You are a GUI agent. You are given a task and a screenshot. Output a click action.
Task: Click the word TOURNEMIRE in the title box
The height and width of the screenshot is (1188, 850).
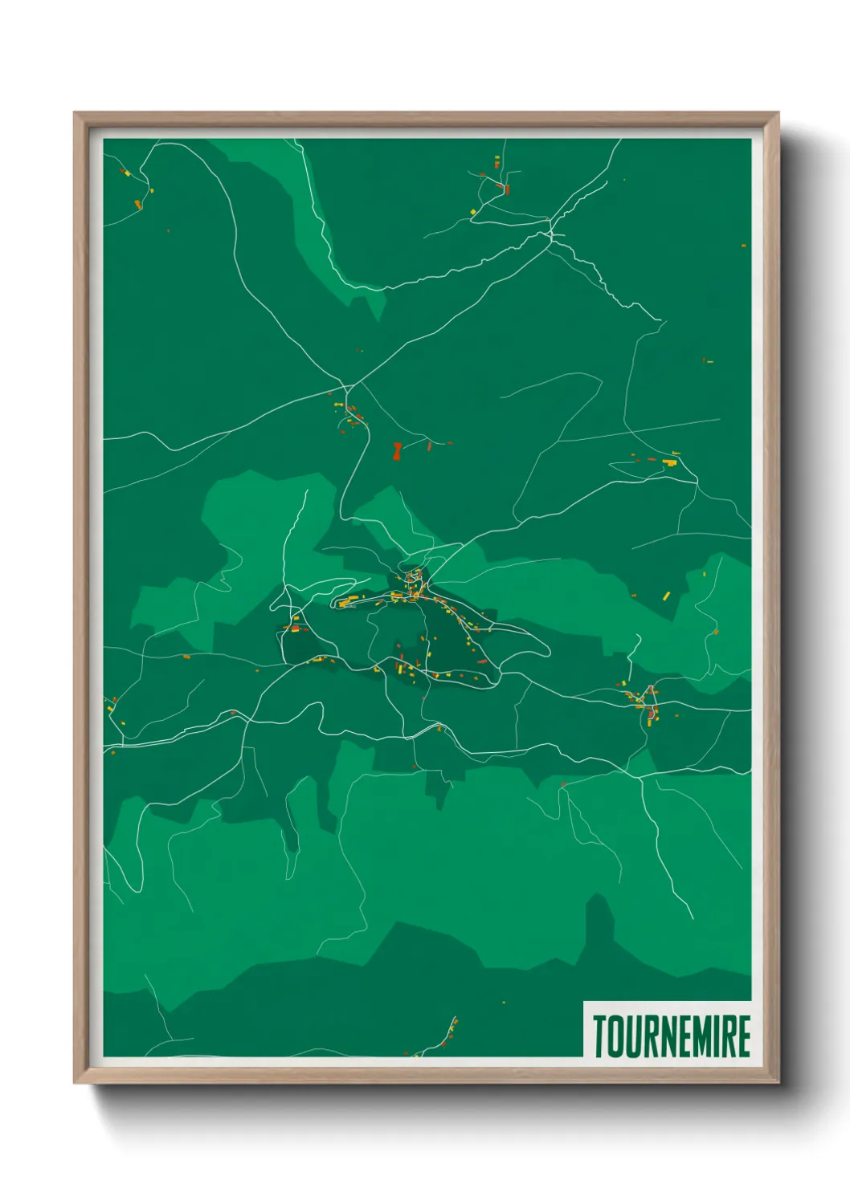pos(672,1035)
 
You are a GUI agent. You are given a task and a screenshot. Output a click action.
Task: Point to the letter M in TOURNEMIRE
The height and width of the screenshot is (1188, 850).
pos(702,1035)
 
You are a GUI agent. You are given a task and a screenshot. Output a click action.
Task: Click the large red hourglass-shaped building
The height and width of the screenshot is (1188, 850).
pos(396,450)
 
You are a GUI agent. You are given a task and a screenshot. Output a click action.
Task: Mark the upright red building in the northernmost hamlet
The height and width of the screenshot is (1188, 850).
pos(506,190)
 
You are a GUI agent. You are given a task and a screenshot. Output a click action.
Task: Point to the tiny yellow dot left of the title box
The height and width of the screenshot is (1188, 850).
pos(504,1003)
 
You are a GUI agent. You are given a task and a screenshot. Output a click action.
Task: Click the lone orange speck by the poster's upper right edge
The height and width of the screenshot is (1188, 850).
pos(743,245)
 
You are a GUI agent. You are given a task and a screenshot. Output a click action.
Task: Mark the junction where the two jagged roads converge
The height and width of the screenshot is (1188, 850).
pos(550,233)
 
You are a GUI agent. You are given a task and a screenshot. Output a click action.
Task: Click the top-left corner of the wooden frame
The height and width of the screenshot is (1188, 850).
pos(76,114)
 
